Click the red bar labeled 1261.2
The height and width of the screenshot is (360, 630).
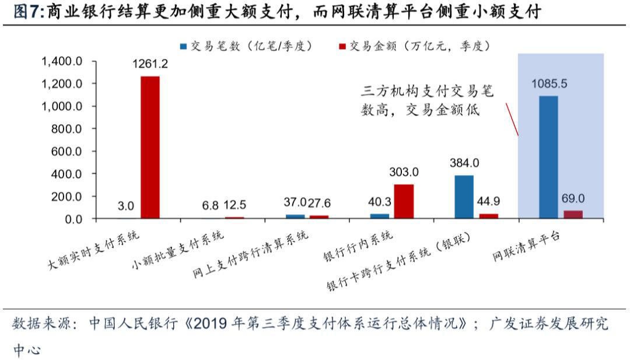coord(150,148)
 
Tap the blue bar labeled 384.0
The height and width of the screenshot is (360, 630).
coord(464,197)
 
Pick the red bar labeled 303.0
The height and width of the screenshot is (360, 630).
coord(404,201)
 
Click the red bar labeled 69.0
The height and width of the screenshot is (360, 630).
coord(573,214)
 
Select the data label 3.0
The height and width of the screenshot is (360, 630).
coord(125,206)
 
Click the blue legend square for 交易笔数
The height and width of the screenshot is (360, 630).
coord(183,46)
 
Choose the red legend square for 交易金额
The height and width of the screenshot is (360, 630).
coord(342,46)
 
